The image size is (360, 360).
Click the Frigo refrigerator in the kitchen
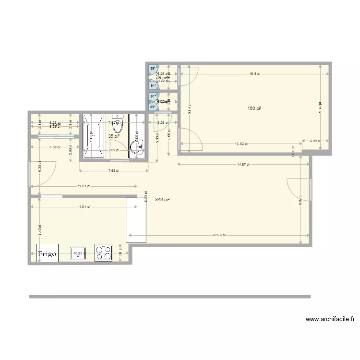pos(48,253)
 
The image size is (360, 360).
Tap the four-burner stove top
pos(103,253)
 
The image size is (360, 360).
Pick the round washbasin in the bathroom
pos(137,149)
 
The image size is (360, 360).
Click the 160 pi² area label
pos(254,109)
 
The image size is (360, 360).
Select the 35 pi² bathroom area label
pos(114,136)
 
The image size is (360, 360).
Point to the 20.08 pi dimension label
pos(218,236)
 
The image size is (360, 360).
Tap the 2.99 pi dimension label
pos(314,141)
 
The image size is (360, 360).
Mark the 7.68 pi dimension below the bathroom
pos(114,171)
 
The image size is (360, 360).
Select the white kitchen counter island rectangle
pos(135,220)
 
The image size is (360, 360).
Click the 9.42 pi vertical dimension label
pos(320,108)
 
